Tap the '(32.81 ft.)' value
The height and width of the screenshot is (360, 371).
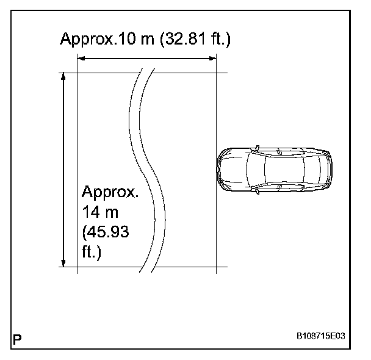195,39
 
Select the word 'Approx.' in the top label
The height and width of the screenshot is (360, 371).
87,40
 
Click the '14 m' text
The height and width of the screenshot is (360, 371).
100,212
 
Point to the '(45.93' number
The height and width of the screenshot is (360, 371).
106,232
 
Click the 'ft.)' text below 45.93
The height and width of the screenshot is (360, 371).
92,252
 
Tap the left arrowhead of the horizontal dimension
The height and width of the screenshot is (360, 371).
81,58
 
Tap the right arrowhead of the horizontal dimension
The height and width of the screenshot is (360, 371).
213,58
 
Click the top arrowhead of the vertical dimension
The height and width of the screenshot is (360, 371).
63,77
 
